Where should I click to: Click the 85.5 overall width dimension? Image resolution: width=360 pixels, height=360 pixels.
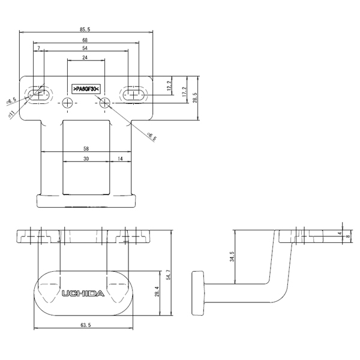click(x=85, y=29)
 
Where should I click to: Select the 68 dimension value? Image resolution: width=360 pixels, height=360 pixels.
click(x=85, y=40)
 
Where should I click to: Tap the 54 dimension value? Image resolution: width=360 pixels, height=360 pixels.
click(x=85, y=48)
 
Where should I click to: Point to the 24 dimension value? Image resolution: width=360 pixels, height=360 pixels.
click(x=85, y=58)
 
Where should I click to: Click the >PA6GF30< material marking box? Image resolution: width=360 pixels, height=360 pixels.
click(x=86, y=89)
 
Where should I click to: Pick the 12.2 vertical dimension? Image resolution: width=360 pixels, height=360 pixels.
click(x=169, y=85)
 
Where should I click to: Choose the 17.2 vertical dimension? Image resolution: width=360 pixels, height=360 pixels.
click(x=184, y=91)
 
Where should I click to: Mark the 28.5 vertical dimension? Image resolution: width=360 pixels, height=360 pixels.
click(x=195, y=98)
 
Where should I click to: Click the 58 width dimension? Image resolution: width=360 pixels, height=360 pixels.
click(x=86, y=149)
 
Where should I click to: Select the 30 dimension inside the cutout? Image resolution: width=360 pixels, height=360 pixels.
click(x=86, y=158)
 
